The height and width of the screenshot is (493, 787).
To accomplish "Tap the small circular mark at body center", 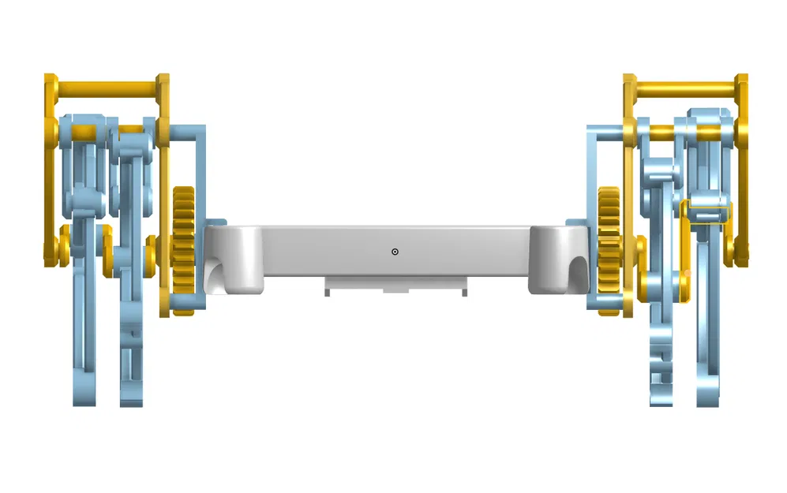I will pos(395,252).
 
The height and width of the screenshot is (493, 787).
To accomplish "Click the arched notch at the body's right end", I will pos(578,273).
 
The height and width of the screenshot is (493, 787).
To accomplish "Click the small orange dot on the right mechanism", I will pos(688,273).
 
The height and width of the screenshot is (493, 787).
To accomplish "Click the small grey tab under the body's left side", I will pos(327,293).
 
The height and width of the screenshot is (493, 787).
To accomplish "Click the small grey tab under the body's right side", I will pos(463,293).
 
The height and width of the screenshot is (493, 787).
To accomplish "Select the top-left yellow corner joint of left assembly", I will pos(51,84).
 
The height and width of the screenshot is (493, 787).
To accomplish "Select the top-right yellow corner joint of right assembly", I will pos(742,84).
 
